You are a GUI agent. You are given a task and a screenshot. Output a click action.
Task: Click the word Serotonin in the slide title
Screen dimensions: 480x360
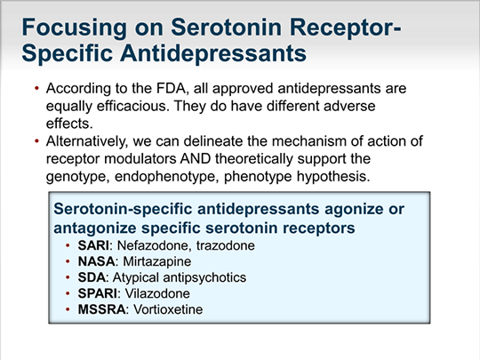(x=226, y=28)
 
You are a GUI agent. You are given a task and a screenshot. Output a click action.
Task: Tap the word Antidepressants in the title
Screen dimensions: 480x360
(x=213, y=53)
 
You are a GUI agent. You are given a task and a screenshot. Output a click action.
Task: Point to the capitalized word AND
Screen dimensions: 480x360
(x=195, y=159)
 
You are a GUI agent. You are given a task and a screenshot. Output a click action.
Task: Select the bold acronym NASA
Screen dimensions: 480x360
(x=96, y=261)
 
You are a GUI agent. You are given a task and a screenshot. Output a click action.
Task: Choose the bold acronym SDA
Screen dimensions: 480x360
(x=92, y=277)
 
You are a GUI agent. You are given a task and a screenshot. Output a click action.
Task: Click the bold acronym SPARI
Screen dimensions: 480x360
(x=98, y=293)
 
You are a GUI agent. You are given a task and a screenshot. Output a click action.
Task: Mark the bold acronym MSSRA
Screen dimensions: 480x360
(x=101, y=309)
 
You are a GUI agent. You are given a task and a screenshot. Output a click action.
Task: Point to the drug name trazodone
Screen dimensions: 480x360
(x=225, y=245)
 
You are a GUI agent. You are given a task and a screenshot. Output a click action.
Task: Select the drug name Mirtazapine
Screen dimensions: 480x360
(x=157, y=261)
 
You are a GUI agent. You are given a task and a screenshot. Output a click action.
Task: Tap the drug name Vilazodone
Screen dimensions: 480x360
(x=157, y=293)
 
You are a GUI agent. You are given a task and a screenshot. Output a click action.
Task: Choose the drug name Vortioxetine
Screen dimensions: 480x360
(x=168, y=309)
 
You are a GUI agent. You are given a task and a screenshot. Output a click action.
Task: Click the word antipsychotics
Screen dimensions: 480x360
(x=204, y=278)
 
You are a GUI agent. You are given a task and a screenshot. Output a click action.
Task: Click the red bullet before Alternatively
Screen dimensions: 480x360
(x=37, y=141)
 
